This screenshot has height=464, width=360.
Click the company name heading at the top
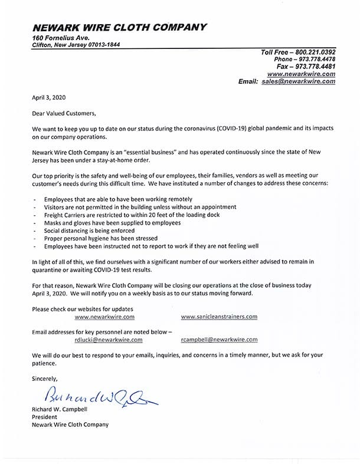120,27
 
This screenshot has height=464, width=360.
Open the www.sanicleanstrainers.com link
219,317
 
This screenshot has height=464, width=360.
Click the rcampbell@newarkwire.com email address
219,340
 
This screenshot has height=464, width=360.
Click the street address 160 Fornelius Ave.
61,38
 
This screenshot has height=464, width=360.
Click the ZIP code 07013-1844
102,45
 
